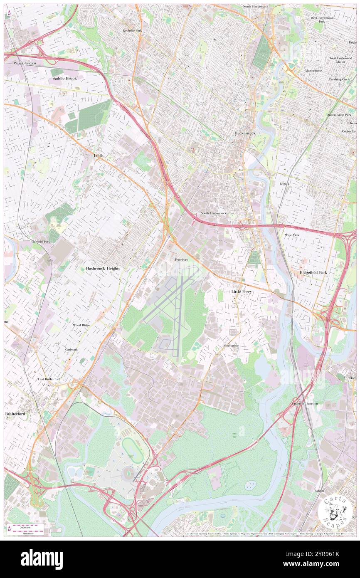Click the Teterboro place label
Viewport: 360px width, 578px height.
click(181, 259)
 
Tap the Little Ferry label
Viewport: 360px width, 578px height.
click(241, 292)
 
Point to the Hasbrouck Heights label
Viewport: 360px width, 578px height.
click(103, 269)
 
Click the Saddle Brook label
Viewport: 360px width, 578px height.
click(64, 78)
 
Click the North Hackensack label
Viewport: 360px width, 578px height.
click(259, 7)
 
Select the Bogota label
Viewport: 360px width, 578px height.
click(284, 183)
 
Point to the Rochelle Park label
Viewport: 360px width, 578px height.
click(132, 30)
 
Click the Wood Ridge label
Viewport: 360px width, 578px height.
click(81, 325)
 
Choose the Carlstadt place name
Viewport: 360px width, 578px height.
click(71, 350)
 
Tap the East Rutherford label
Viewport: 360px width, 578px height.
click(49, 379)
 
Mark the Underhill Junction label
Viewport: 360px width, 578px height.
click(304, 404)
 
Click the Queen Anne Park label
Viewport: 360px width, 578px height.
click(339, 115)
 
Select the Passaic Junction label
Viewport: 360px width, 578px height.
click(25, 63)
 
